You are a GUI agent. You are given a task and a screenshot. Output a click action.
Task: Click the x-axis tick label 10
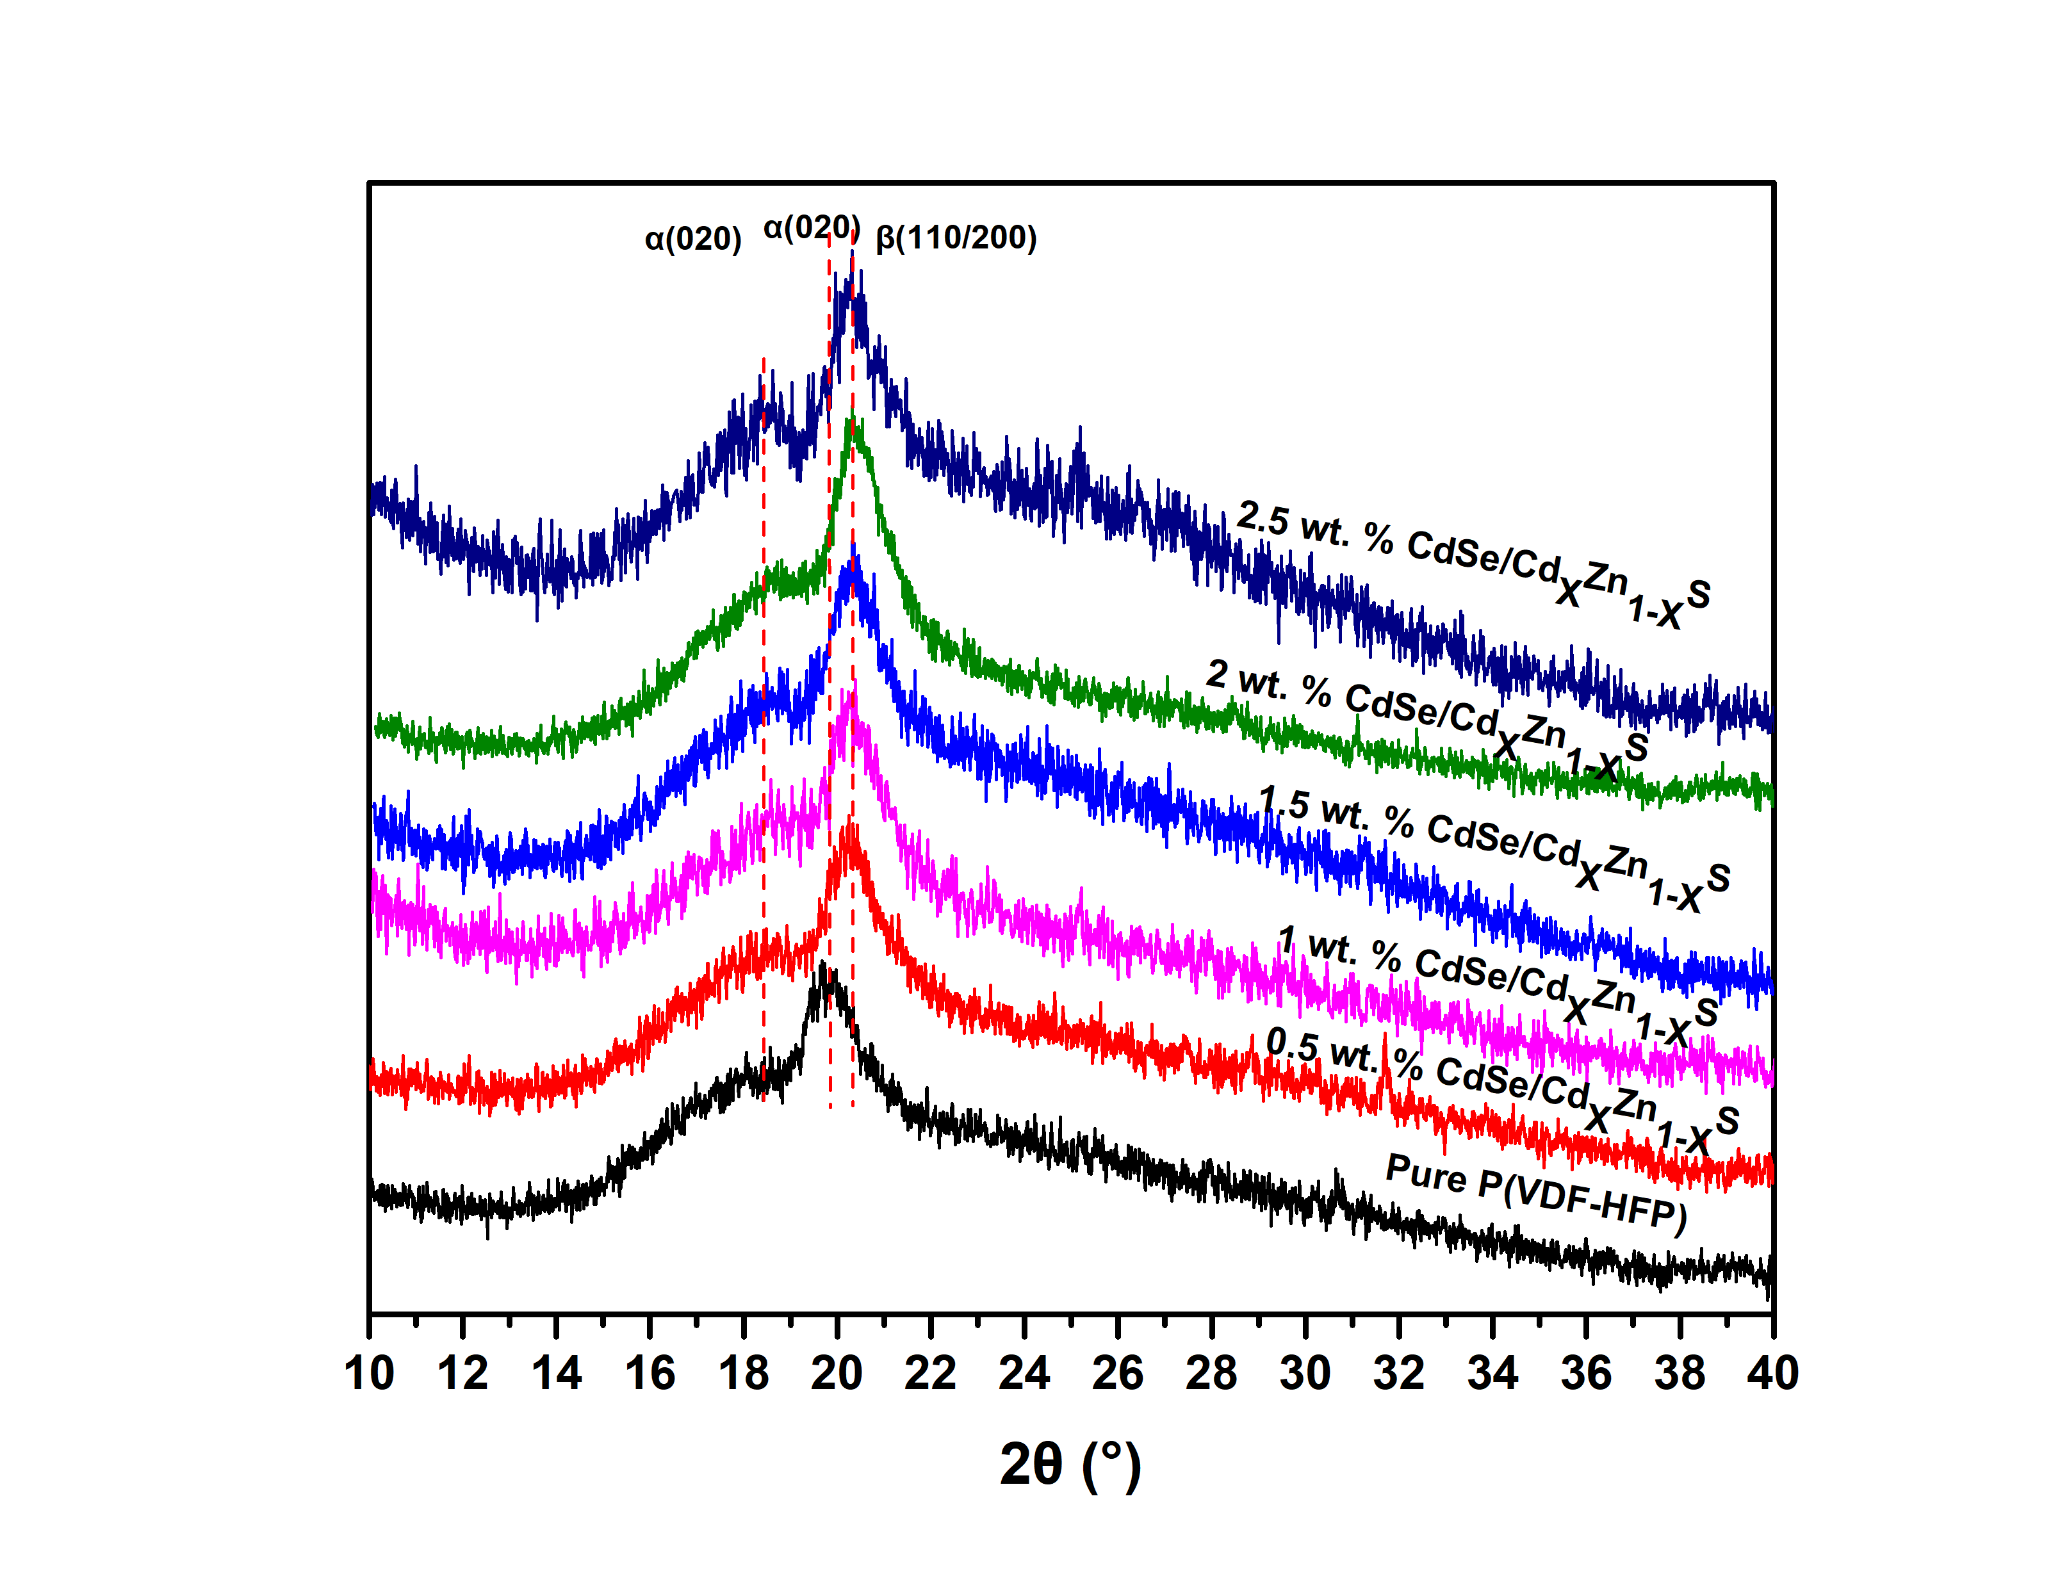[369, 1374]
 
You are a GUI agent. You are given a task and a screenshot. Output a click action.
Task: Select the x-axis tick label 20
[837, 1374]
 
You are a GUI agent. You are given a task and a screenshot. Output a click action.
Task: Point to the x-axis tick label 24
[1024, 1374]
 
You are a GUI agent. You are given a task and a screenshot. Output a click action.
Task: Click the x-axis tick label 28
[1211, 1374]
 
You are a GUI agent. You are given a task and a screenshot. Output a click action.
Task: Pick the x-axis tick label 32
[1399, 1374]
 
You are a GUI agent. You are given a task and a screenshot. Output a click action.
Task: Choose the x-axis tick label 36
[1585, 1374]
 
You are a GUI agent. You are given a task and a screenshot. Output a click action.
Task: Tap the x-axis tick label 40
[1772, 1374]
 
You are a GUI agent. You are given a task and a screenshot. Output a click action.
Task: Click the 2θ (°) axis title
[1070, 1465]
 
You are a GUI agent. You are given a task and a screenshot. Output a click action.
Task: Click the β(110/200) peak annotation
[956, 238]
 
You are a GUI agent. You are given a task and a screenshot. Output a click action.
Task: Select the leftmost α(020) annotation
[693, 240]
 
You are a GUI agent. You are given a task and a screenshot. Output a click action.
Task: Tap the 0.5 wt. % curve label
[1501, 1094]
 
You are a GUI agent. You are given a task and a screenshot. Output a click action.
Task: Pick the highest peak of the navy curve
[852, 254]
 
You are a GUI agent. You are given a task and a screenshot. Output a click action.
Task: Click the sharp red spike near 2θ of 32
[1385, 1037]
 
